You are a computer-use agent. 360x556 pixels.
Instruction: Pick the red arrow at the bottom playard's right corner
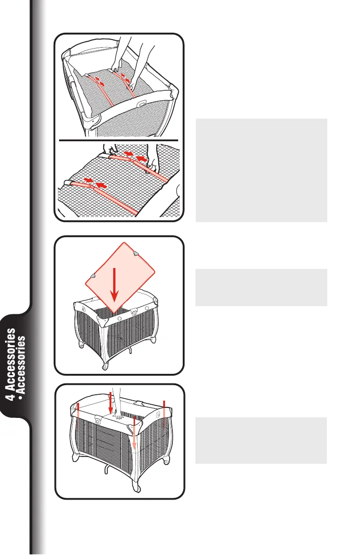tap(164, 411)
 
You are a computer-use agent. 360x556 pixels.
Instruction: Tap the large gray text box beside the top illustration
tap(261, 170)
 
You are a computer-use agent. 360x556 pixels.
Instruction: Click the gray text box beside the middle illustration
tap(261, 287)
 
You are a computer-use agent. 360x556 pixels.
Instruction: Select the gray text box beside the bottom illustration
tap(261, 441)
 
